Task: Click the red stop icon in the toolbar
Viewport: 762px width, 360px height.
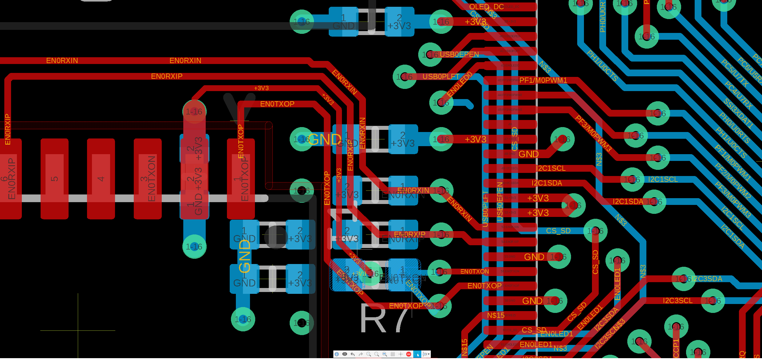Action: pos(409,354)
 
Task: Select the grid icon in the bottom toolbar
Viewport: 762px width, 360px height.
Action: pos(393,354)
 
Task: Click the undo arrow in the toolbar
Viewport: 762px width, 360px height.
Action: pos(353,354)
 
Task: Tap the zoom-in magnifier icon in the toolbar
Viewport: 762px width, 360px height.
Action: pos(368,354)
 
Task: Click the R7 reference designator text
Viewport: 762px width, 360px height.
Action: pos(384,318)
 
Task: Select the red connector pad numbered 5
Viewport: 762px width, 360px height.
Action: pos(54,179)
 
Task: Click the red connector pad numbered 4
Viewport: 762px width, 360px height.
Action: pos(101,179)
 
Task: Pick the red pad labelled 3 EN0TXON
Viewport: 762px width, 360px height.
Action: pos(148,179)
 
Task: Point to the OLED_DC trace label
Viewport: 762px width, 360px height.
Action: pos(486,7)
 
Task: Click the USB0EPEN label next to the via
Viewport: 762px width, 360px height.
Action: pos(459,54)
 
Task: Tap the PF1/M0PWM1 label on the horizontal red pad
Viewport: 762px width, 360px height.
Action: pos(543,80)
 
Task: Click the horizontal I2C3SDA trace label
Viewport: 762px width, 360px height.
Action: pos(707,279)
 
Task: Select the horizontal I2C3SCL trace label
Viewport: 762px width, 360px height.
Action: pos(678,301)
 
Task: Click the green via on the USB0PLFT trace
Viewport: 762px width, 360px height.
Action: pos(404,77)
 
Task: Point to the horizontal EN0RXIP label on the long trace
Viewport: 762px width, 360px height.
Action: pos(167,76)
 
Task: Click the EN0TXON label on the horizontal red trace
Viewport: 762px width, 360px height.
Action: pos(474,271)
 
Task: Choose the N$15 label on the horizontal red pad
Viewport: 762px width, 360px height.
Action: pos(496,315)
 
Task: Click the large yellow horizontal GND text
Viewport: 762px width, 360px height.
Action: pos(325,139)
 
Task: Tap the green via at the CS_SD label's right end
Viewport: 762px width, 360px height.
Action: pos(595,231)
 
